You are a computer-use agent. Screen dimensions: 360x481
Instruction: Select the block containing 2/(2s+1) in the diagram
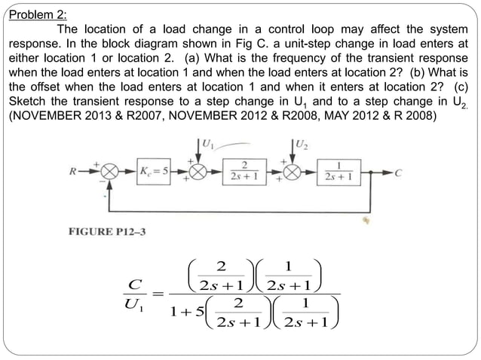[245, 172]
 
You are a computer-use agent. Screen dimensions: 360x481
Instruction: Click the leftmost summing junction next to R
[110, 172]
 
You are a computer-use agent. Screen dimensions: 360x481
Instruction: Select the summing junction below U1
[200, 172]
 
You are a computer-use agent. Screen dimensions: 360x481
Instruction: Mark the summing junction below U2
[292, 172]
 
